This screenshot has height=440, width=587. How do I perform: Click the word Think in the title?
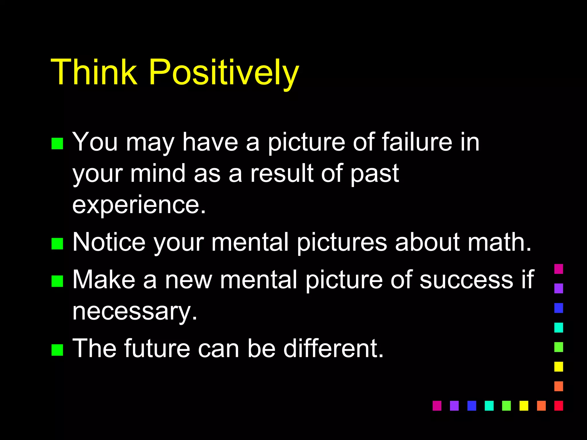point(94,72)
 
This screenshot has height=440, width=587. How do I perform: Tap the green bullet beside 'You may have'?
point(57,144)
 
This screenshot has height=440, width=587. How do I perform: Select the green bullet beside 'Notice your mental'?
point(57,244)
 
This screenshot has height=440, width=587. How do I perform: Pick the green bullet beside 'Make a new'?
point(57,281)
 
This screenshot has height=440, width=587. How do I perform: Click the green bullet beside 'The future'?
point(57,350)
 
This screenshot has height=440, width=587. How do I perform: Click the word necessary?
point(135,312)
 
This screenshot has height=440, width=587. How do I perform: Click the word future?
point(157,349)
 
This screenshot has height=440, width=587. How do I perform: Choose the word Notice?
point(109,242)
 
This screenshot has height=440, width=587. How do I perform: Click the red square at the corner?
point(559,406)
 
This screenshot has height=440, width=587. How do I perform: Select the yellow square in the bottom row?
point(524,406)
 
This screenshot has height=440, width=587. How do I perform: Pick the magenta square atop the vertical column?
point(559,269)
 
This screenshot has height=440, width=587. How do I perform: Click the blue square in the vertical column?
point(559,308)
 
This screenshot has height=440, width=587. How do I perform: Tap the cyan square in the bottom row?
point(489,406)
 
